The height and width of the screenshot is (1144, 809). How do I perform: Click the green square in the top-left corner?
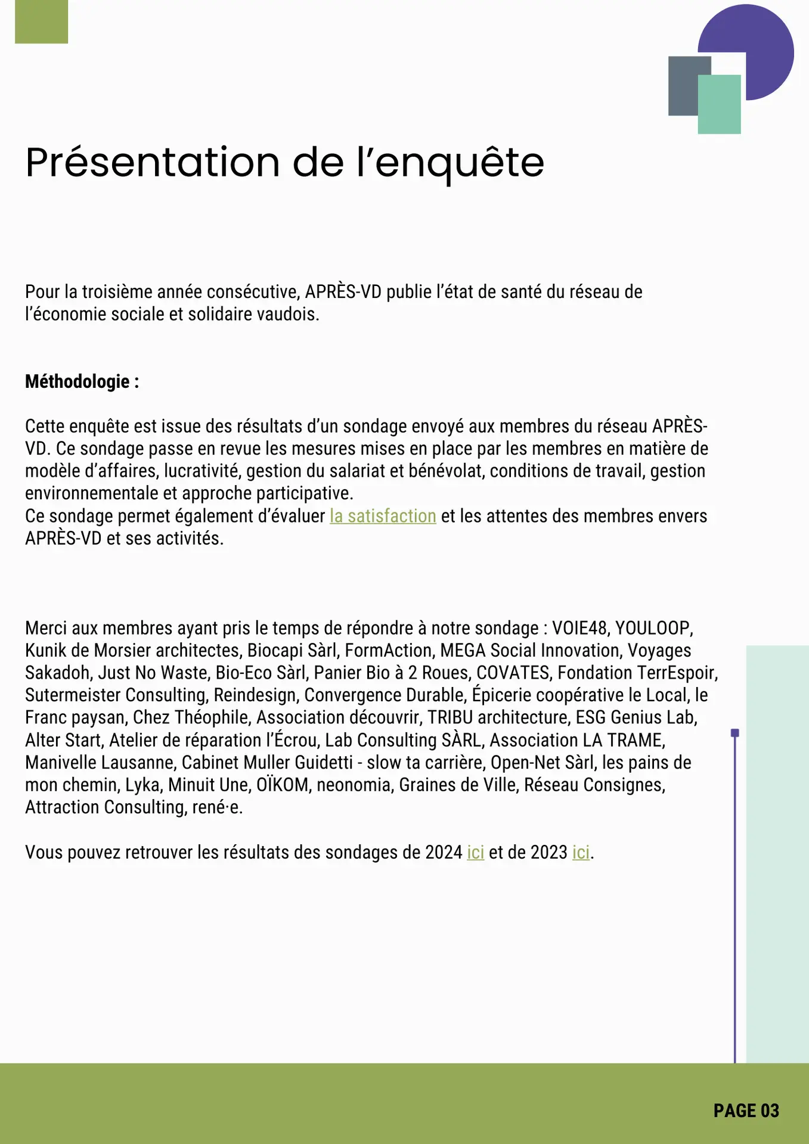click(41, 21)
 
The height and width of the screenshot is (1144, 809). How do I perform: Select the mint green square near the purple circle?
click(720, 105)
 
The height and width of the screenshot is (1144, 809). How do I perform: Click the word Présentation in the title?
click(153, 163)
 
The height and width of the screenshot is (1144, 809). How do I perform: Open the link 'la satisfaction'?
click(383, 516)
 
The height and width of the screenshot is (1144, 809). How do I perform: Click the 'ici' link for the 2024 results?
click(475, 853)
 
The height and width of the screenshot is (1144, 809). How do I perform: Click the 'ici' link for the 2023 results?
click(581, 853)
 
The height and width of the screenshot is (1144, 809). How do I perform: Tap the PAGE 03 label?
click(746, 1111)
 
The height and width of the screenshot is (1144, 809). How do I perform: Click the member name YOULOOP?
click(652, 629)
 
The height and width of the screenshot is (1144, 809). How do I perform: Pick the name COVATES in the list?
click(513, 673)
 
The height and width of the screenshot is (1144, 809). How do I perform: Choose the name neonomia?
click(354, 785)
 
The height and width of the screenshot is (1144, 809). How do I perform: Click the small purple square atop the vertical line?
click(735, 733)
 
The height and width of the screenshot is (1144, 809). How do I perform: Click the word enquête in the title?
click(459, 163)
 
